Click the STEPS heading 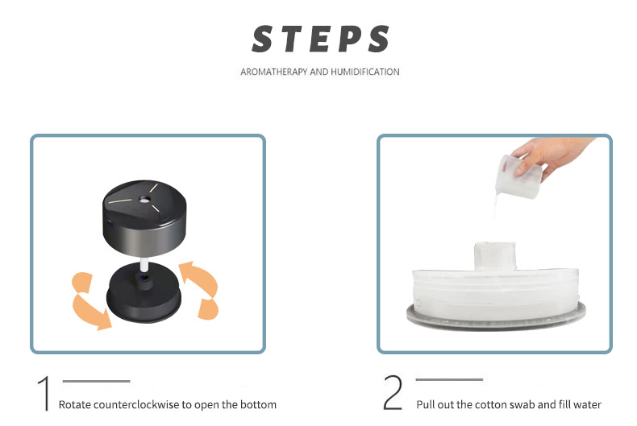click(321, 39)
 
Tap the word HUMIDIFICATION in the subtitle click(365, 72)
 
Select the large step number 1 click(44, 393)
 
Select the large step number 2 click(393, 392)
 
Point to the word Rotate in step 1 click(75, 404)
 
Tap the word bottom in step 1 click(258, 404)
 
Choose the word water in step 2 click(587, 404)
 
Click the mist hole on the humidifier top click(144, 199)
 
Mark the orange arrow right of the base click(201, 289)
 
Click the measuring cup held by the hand click(518, 176)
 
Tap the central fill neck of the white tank click(495, 255)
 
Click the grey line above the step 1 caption click(96, 381)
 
